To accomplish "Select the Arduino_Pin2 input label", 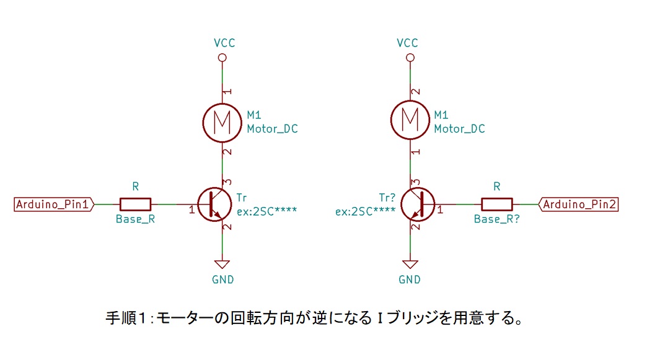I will [x=580, y=204].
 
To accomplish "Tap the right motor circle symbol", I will [x=410, y=121].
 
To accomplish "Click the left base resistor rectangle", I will [x=135, y=204].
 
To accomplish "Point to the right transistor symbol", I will [x=417, y=204].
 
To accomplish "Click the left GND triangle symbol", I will [x=222, y=262].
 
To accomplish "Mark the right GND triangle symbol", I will [x=410, y=262].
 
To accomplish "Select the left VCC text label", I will [x=222, y=43].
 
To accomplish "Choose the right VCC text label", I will [x=407, y=43].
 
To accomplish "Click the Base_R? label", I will [x=496, y=219].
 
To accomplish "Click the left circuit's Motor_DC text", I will [x=272, y=129].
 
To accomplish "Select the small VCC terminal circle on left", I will [x=222, y=58].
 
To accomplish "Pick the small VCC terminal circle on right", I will [x=410, y=58].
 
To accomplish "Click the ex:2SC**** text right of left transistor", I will [x=267, y=211].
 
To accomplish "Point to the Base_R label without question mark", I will [x=134, y=219].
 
